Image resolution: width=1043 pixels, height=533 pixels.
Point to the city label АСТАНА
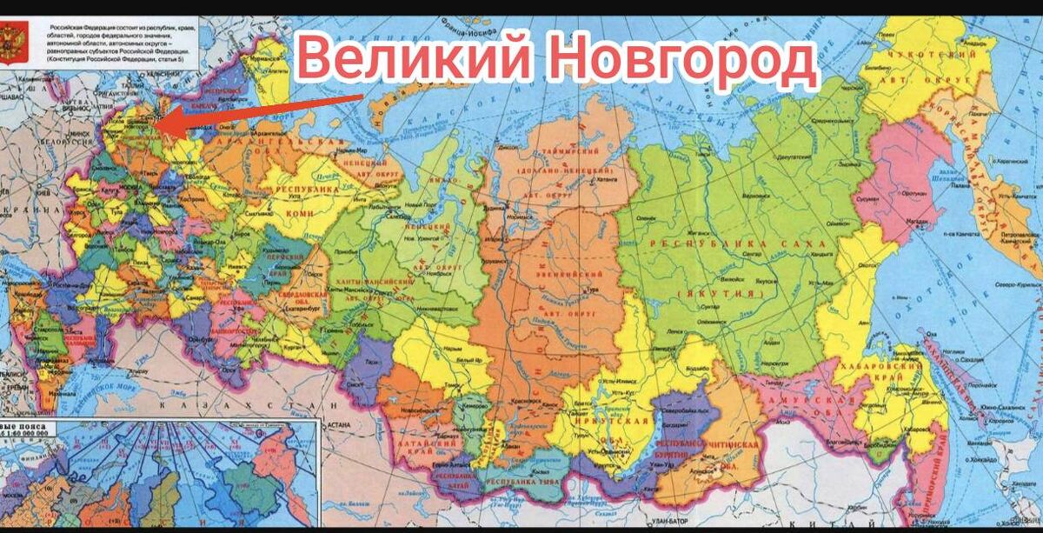tap(339, 426)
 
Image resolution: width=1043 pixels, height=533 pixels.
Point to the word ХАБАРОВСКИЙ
tap(891, 369)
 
